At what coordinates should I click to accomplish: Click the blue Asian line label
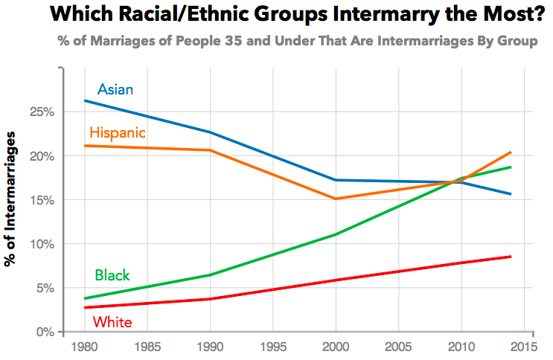point(115,90)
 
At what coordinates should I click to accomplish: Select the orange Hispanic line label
point(117,133)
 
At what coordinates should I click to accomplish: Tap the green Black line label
point(112,275)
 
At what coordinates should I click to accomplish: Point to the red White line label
point(112,322)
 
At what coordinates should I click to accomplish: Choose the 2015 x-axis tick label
point(523,346)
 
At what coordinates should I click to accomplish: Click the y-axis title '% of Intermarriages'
point(12,199)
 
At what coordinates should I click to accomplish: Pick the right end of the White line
point(511,257)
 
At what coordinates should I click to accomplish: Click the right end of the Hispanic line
point(511,152)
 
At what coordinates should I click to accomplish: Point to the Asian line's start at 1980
point(85,100)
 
